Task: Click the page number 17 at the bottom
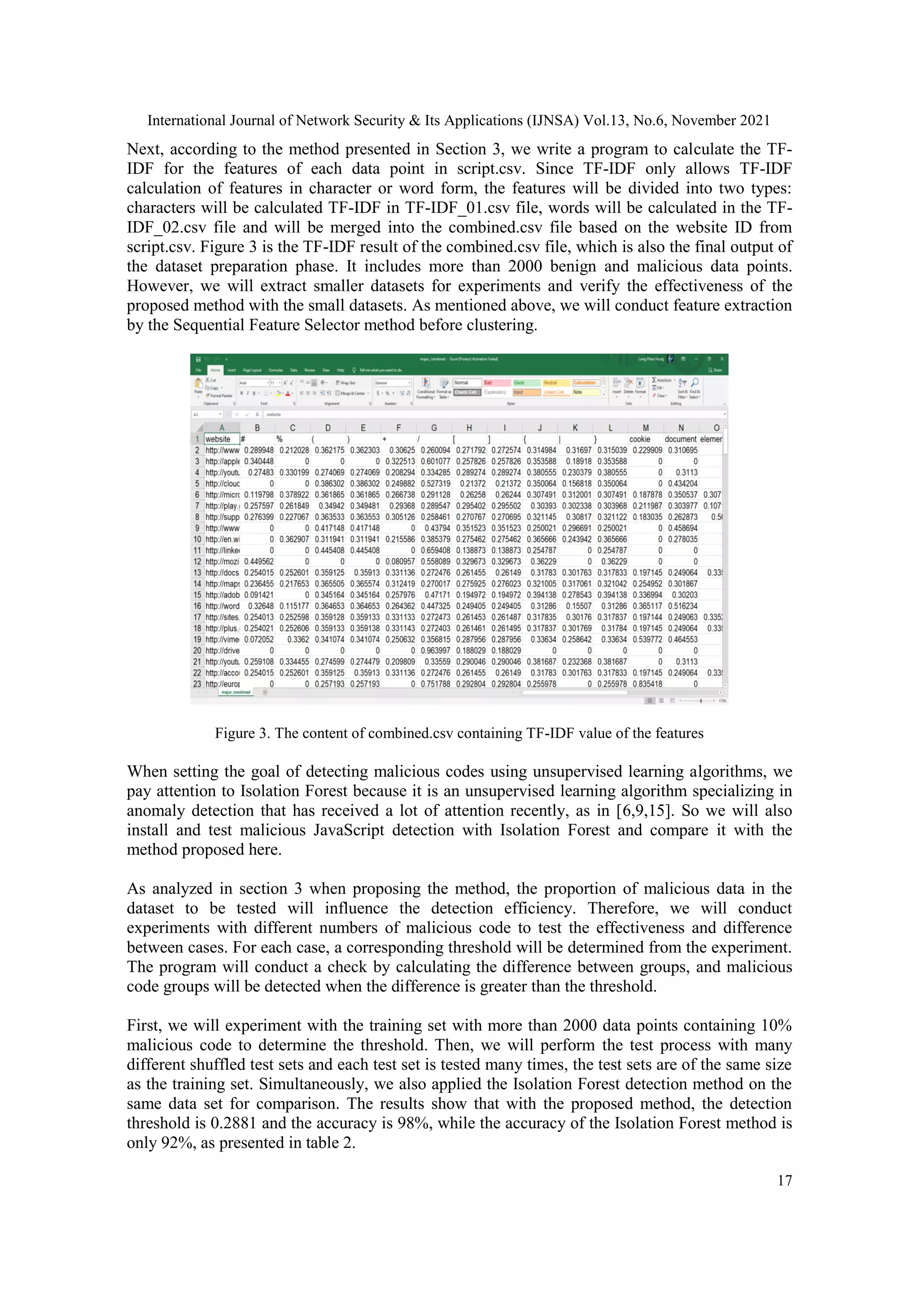(x=784, y=1180)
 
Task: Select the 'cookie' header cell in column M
(x=639, y=439)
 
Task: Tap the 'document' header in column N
(x=680, y=439)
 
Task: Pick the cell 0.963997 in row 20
(x=435, y=650)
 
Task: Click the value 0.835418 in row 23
(x=647, y=684)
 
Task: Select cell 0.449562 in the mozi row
(x=258, y=562)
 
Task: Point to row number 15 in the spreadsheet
(x=197, y=595)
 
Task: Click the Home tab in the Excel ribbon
(x=215, y=370)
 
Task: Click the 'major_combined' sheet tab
(x=236, y=692)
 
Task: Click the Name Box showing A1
(x=206, y=414)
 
